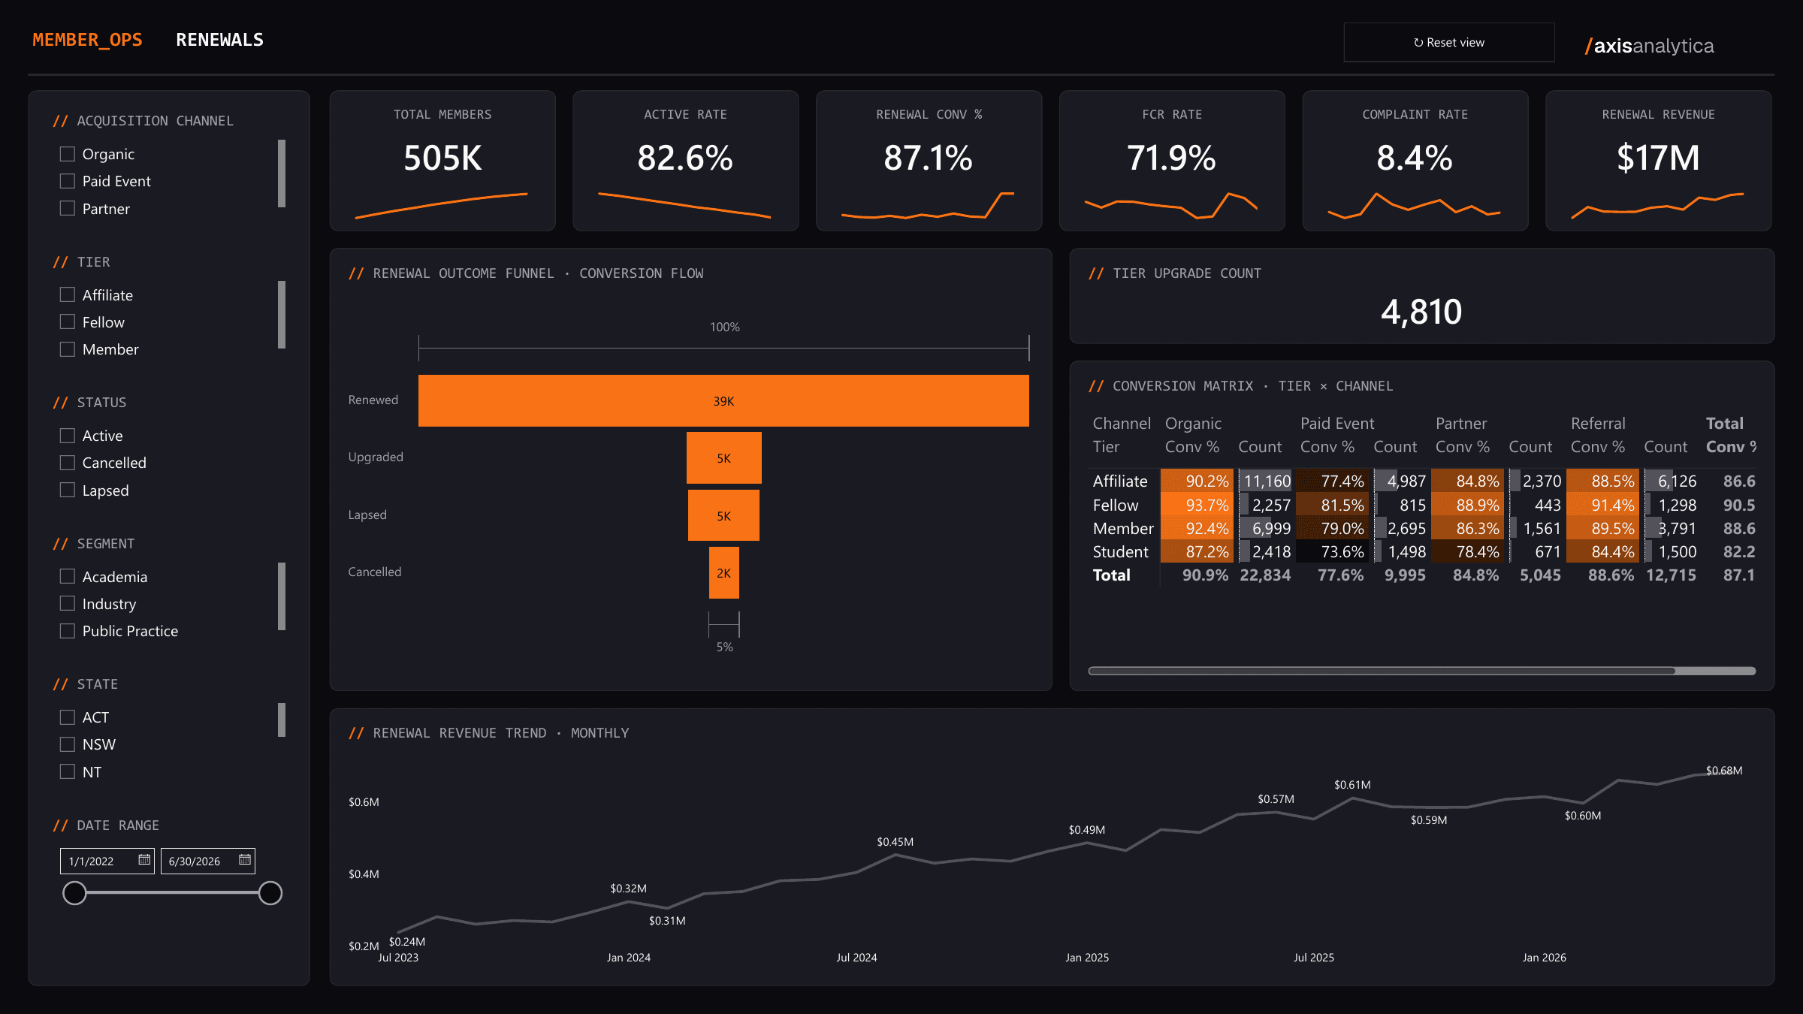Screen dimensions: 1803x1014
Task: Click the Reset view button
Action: pyautogui.click(x=1448, y=42)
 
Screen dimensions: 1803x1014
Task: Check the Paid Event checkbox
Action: pyautogui.click(x=68, y=181)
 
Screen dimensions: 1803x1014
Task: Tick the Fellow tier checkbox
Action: pyautogui.click(x=68, y=321)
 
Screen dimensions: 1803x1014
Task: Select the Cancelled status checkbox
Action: pyautogui.click(x=68, y=463)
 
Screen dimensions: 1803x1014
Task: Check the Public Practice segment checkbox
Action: pyautogui.click(x=68, y=631)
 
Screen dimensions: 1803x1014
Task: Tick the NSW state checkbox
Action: pyautogui.click(x=68, y=744)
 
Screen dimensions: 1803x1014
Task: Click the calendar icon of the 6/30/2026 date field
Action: pyautogui.click(x=245, y=860)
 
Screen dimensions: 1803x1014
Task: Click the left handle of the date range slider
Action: pyautogui.click(x=74, y=893)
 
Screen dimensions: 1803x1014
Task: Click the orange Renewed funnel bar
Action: pyautogui.click(x=723, y=401)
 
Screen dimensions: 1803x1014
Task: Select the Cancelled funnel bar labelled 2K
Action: pyautogui.click(x=724, y=573)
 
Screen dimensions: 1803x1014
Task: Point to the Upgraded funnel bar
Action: pyautogui.click(x=724, y=458)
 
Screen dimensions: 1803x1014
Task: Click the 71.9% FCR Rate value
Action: pyautogui.click(x=1171, y=158)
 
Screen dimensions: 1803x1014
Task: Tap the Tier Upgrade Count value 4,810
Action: pyautogui.click(x=1421, y=312)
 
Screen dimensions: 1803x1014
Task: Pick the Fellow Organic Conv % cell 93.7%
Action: pyautogui.click(x=1197, y=505)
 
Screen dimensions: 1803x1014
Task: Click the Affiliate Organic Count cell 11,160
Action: pyautogui.click(x=1267, y=481)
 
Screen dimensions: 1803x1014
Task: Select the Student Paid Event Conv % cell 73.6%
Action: pyautogui.click(x=1333, y=551)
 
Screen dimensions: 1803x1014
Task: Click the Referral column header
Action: pyautogui.click(x=1598, y=424)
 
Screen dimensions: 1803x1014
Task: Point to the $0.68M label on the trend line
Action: pyautogui.click(x=1724, y=771)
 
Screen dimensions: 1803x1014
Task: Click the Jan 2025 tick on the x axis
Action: pyautogui.click(x=1087, y=958)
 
